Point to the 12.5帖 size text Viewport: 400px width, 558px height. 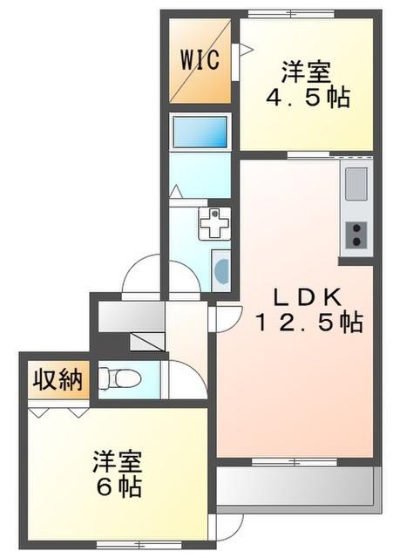308,323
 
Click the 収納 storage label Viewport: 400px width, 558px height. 58,380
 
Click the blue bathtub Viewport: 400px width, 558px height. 200,132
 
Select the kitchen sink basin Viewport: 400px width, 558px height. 356,185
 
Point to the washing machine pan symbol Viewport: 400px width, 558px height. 212,224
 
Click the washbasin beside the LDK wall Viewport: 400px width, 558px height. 221,270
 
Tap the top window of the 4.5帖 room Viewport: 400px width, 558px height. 291,14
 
